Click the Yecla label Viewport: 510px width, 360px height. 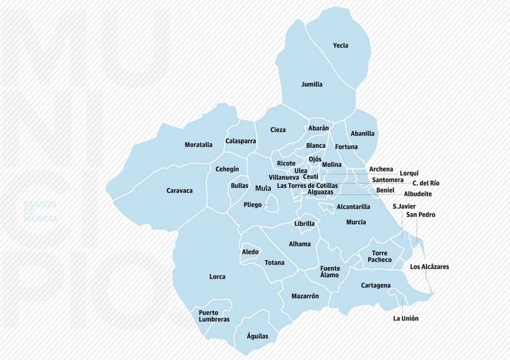tap(340, 46)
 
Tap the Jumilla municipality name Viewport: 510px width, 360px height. tap(312, 84)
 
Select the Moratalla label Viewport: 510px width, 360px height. tap(199, 145)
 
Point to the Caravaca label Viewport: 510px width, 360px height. tap(179, 190)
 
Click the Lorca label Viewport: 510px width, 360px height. tap(217, 277)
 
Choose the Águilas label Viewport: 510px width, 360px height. tap(258, 336)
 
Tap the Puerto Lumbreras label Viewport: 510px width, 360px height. tap(214, 316)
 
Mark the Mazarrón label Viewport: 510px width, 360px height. tap(305, 296)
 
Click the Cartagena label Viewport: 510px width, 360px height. tap(376, 285)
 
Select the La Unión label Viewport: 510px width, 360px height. tap(406, 318)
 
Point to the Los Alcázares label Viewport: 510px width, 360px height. tap(429, 267)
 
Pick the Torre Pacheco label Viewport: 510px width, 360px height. tap(380, 257)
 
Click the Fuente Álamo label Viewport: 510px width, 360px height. tap(330, 272)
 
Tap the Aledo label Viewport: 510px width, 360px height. tap(250, 252)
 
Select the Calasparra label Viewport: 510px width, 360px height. tap(241, 141)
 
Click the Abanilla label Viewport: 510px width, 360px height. tap(362, 133)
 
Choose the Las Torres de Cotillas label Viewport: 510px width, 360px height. tap(307, 186)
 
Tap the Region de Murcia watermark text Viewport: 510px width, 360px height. tap(40, 211)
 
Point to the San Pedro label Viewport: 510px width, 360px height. tap(420, 215)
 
